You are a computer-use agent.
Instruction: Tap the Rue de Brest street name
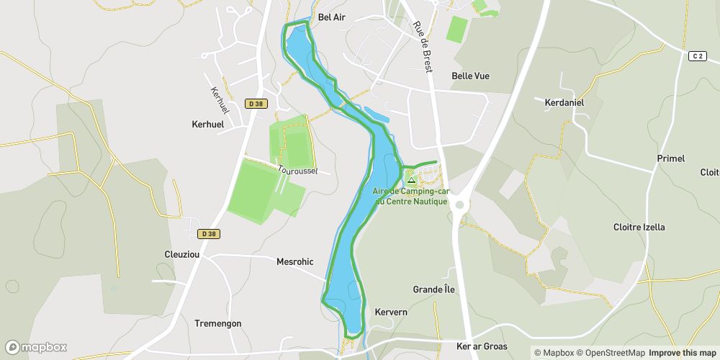[x=423, y=46]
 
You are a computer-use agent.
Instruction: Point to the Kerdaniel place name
[x=564, y=103]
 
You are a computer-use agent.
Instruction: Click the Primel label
[x=670, y=158]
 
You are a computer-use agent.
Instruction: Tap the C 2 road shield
[x=696, y=56]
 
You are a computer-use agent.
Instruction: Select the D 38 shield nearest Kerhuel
[x=256, y=104]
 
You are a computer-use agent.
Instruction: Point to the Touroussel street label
[x=298, y=169]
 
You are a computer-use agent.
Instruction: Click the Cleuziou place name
[x=182, y=254]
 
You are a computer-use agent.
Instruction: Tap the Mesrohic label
[x=295, y=262]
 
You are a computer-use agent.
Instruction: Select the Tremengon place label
[x=218, y=323]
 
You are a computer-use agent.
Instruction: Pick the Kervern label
[x=391, y=312]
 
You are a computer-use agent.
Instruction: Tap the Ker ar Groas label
[x=482, y=346]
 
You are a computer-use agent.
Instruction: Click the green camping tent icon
[x=411, y=179]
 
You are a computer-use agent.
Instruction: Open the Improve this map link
[x=682, y=353]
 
